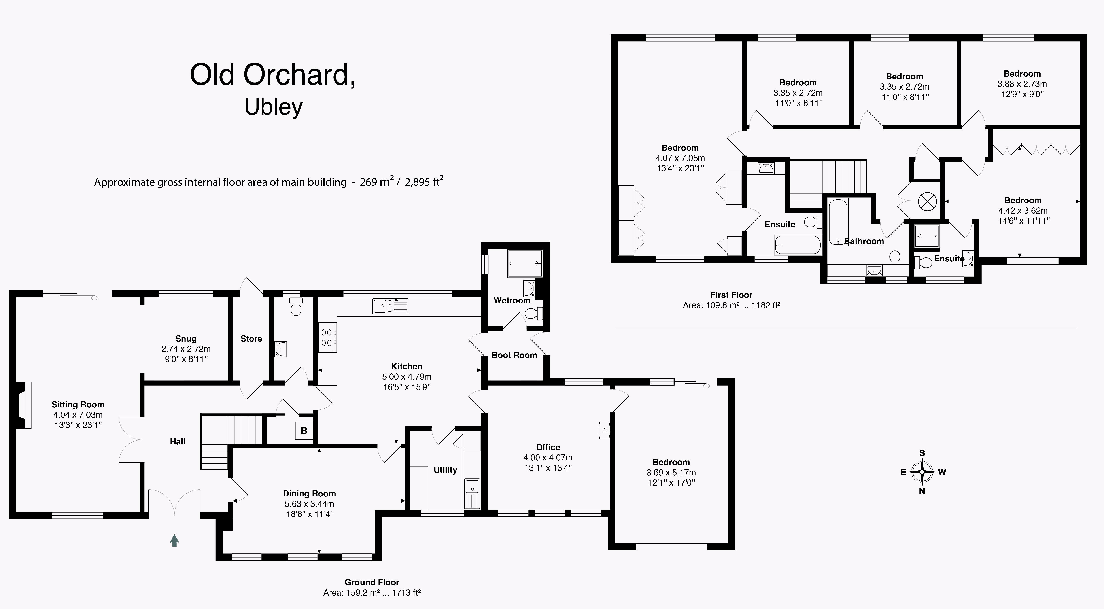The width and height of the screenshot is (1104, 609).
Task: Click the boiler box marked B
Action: point(304,431)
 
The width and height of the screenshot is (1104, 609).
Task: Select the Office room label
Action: point(548,447)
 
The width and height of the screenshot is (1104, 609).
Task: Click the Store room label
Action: point(251,339)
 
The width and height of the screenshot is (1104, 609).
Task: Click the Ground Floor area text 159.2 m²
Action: point(372,593)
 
